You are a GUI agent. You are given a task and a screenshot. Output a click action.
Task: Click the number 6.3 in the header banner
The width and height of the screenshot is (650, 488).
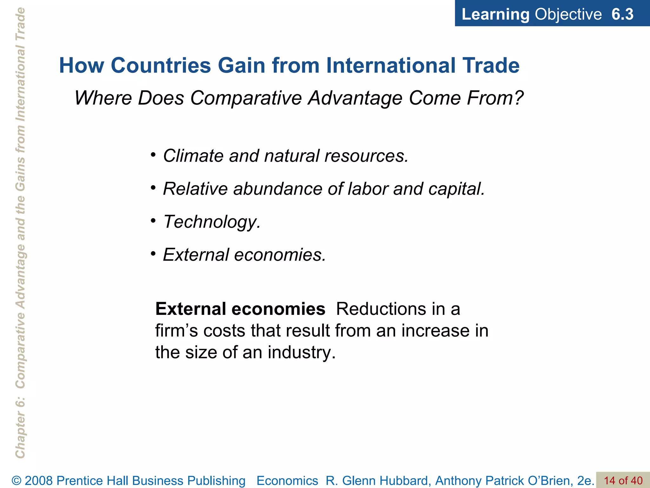[622, 14]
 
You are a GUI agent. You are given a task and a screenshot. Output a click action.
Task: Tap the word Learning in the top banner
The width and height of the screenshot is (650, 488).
[495, 15]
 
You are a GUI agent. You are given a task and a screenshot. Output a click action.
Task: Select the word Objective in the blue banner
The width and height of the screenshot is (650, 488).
[568, 14]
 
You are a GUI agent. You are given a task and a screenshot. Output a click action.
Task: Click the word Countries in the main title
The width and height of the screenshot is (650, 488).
[161, 65]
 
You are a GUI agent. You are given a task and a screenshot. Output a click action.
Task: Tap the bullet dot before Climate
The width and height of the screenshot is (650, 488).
[153, 155]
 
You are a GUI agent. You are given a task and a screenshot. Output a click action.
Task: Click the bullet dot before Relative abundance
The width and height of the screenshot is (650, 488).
[153, 188]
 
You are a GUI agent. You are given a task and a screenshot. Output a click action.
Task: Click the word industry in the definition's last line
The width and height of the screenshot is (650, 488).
[301, 353]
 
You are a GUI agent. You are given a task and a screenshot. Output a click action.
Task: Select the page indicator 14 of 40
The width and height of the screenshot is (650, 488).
[623, 480]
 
